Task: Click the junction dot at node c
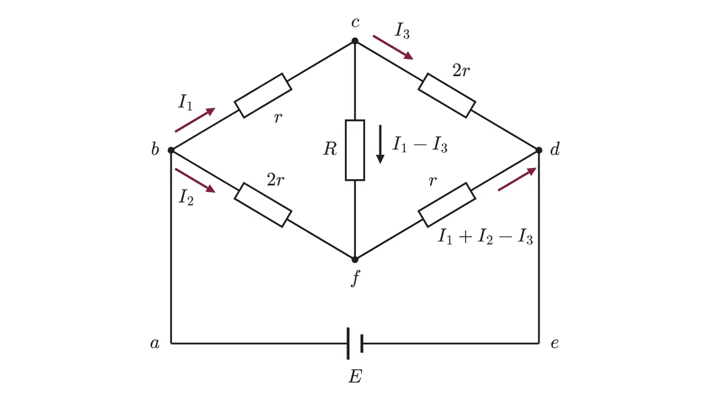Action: (x=355, y=41)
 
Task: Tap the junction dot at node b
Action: (x=171, y=150)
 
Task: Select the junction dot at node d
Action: (x=539, y=150)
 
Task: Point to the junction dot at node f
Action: (x=355, y=259)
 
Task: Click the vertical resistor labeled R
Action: (x=355, y=150)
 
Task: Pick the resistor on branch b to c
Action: (x=263, y=95)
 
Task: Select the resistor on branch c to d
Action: (x=447, y=95)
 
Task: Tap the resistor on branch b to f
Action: (x=263, y=205)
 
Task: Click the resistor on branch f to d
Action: (x=447, y=205)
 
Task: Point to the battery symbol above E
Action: (x=355, y=343)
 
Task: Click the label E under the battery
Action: (x=356, y=377)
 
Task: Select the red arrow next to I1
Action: (x=195, y=120)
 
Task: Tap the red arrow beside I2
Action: (x=195, y=181)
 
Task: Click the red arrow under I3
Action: (x=393, y=48)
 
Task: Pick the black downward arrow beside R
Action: (x=380, y=144)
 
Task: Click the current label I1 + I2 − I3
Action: (x=485, y=237)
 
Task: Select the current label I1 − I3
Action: (x=420, y=145)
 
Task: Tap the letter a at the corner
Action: (x=155, y=343)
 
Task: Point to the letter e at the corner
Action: (x=555, y=343)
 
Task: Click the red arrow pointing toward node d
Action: (x=517, y=179)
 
